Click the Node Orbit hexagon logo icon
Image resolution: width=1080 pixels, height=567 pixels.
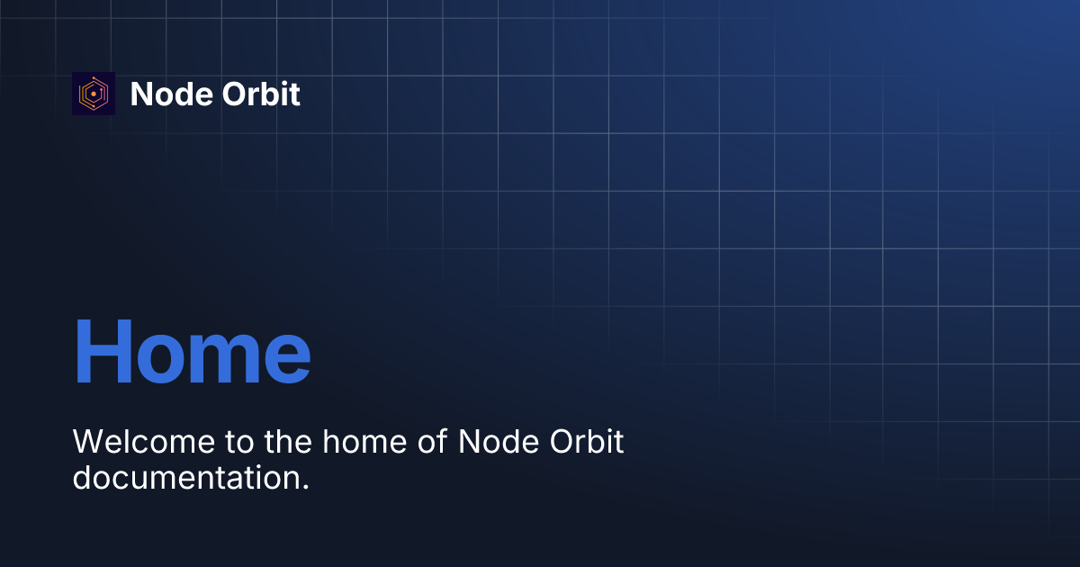pos(94,94)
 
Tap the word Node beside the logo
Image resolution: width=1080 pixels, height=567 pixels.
pos(171,94)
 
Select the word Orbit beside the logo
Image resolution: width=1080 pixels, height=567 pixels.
pos(261,94)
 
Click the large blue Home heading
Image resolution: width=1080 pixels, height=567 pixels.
pos(192,351)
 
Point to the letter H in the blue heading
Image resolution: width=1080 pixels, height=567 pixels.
pos(103,351)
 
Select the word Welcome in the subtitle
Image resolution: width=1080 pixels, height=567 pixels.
pos(144,442)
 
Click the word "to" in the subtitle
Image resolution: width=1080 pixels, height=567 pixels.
pos(239,443)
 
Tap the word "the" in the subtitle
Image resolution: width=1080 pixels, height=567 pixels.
pos(288,442)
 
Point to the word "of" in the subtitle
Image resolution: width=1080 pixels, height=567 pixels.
pos(433,442)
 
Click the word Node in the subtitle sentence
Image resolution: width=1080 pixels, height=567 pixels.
pos(499,442)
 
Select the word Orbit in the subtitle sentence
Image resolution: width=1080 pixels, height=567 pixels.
pos(587,442)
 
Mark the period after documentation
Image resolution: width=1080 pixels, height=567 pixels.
pos(305,488)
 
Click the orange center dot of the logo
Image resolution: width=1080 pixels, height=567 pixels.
pos(94,94)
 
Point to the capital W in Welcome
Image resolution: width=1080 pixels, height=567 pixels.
pos(90,442)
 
